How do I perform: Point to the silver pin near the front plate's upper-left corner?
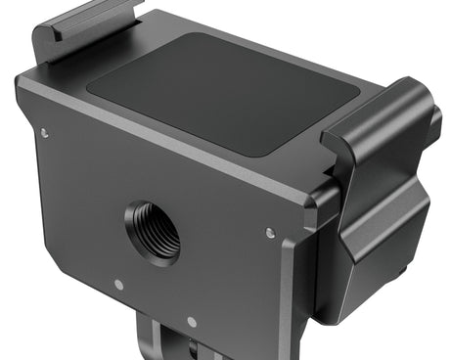[44, 133]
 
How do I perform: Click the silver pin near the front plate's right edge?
[270, 233]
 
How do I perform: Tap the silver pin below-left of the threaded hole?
[118, 285]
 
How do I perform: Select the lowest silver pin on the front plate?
[192, 322]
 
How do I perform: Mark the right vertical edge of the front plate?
[287, 293]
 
